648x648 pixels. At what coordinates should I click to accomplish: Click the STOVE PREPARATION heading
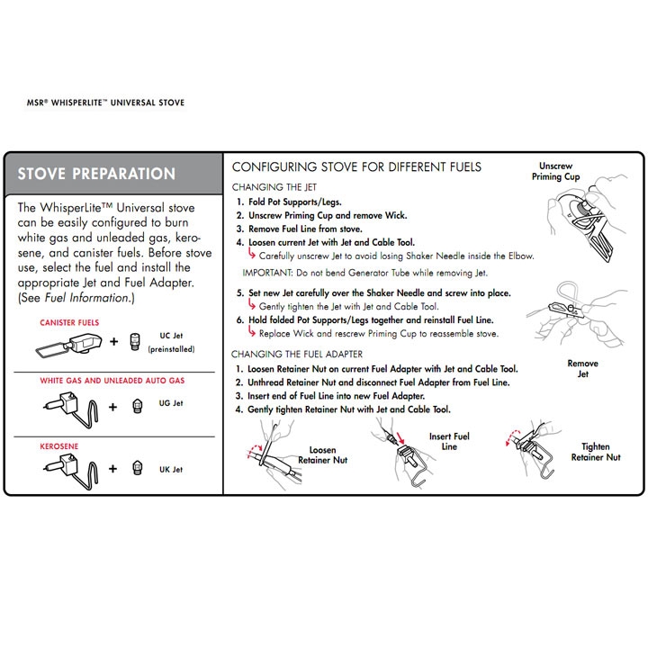(96, 173)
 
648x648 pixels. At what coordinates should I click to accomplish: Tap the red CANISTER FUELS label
(69, 321)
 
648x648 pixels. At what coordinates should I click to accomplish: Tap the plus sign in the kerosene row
(113, 469)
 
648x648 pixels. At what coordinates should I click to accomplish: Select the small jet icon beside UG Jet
(137, 405)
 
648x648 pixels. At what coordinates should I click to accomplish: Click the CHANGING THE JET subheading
(273, 187)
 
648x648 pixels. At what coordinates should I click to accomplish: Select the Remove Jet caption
(582, 369)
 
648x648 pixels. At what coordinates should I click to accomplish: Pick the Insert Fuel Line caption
(449, 442)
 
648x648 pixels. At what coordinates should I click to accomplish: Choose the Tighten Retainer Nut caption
(595, 452)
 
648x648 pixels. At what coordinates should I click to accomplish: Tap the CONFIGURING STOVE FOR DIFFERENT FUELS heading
(356, 167)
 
